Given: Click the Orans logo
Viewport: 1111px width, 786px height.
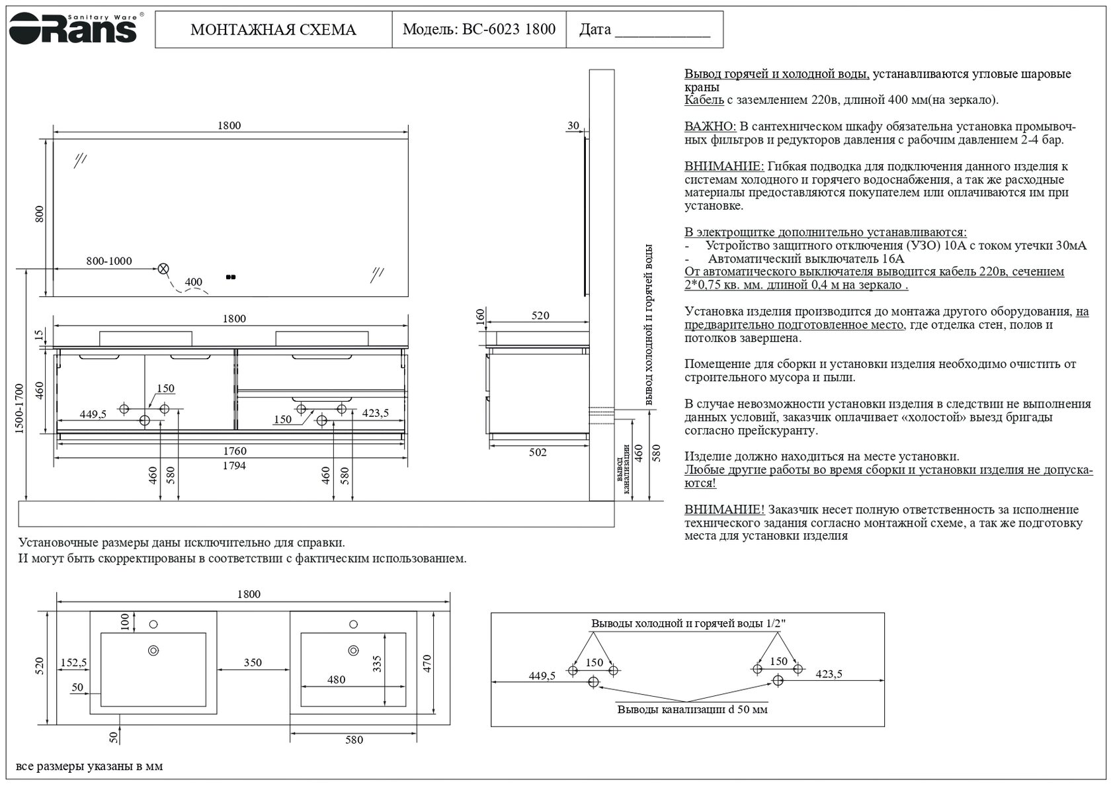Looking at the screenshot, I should point(73,28).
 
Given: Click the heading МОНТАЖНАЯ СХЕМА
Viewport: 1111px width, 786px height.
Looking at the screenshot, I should point(273,30).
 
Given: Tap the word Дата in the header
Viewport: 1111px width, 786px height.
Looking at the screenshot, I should point(595,30).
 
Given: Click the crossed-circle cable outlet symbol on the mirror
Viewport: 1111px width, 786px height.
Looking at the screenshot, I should point(163,269).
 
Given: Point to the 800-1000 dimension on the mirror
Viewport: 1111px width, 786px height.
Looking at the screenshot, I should point(109,261).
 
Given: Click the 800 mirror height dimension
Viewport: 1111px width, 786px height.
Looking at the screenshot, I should point(40,214).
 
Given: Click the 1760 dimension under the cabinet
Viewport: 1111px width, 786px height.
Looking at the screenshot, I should point(234,451).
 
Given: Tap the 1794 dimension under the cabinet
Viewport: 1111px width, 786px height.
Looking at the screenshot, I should point(234,466).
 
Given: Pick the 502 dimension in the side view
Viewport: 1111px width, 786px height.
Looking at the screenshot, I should point(538,453).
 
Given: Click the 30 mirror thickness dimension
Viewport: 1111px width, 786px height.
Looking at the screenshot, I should point(573,126).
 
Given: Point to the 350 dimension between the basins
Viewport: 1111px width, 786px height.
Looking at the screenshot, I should point(253,662).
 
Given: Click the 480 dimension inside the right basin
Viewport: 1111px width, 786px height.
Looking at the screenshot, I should point(336,679).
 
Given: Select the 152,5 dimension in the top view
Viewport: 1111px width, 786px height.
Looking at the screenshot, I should point(73,662).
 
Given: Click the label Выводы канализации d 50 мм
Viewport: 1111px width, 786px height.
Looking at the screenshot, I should point(692,709).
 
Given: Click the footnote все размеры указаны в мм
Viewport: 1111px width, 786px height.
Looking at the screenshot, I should point(89,767).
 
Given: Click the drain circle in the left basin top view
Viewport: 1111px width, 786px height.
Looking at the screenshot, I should point(153,650).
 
